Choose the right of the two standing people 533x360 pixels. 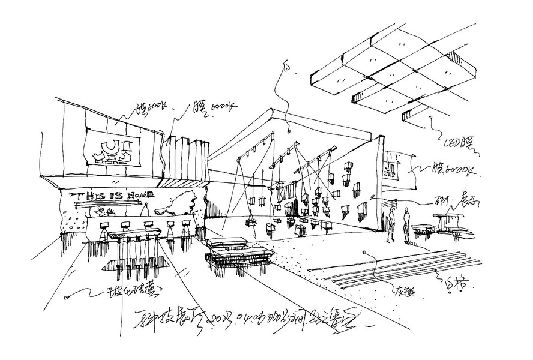click(406, 224)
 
